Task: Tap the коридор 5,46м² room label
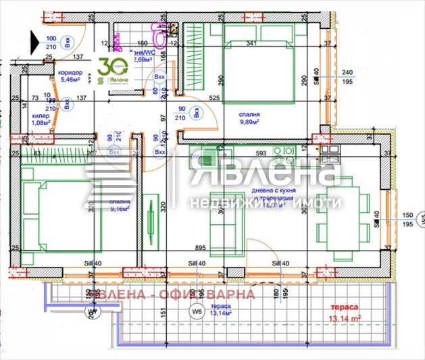70,76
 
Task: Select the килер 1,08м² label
42,119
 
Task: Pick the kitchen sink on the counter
286,151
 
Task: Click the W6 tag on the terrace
197,312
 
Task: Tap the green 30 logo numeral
110,67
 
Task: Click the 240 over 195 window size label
347,77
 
